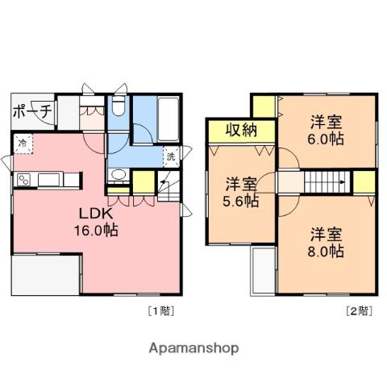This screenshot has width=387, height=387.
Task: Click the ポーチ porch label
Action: point(32,111)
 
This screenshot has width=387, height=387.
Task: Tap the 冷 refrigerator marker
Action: point(23,144)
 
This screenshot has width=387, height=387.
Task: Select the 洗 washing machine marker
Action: point(171,156)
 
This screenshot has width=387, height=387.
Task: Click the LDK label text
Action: point(95,214)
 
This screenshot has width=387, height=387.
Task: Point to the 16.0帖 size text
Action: point(96,231)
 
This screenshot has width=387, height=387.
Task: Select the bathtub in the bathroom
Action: point(169,119)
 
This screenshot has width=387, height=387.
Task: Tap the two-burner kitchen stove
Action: point(23,180)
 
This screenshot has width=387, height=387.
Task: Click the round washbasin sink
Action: point(119,175)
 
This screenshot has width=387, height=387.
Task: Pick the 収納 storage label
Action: point(241,131)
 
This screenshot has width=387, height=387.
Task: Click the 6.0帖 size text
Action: point(326,139)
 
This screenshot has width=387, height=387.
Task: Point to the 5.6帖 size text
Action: point(241,201)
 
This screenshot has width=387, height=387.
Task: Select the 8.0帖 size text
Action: point(326,252)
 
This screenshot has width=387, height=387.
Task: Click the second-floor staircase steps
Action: point(327,182)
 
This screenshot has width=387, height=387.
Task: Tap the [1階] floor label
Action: point(161,311)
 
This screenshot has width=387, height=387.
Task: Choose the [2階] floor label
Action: point(360,311)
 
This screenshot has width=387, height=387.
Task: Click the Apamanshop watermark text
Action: point(193,348)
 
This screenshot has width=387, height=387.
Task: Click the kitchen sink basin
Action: point(48,180)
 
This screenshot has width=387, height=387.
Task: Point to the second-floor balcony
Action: point(263,272)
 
